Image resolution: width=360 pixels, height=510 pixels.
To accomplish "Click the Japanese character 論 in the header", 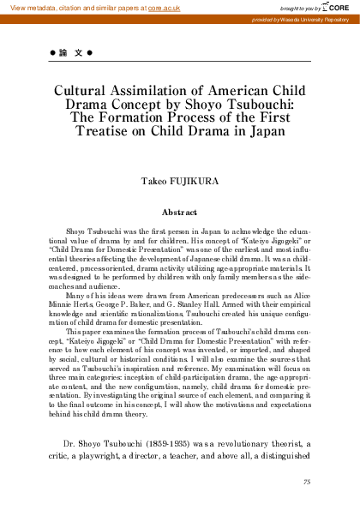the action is tap(61, 53).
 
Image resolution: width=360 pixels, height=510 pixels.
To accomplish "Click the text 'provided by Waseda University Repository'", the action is tap(306, 18).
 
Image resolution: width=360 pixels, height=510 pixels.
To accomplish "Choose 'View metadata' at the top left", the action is tap(29, 7).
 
